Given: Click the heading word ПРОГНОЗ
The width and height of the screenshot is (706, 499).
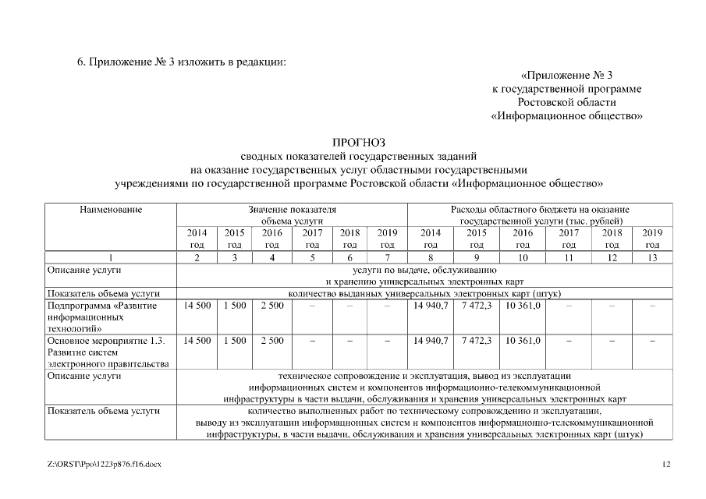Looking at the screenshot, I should coord(359,143).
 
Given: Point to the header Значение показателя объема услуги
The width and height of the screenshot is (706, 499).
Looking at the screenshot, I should coord(292,215).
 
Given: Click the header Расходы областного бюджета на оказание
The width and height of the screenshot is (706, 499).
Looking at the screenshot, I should coord(540,210).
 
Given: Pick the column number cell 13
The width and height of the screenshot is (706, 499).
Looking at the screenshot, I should coord(652,257).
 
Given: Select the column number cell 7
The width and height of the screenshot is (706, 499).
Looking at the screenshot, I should coord(388,257).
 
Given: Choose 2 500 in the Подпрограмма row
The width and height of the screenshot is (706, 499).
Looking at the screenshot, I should coord(271,306).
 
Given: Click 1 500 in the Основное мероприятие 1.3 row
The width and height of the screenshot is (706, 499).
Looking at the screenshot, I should coord(234,341).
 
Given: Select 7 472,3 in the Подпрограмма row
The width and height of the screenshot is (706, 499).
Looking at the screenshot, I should coord(477,306).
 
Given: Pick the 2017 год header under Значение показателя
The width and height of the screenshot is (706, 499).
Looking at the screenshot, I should coord(312,238).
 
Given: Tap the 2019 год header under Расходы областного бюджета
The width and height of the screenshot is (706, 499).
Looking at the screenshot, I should coord(652,238).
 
